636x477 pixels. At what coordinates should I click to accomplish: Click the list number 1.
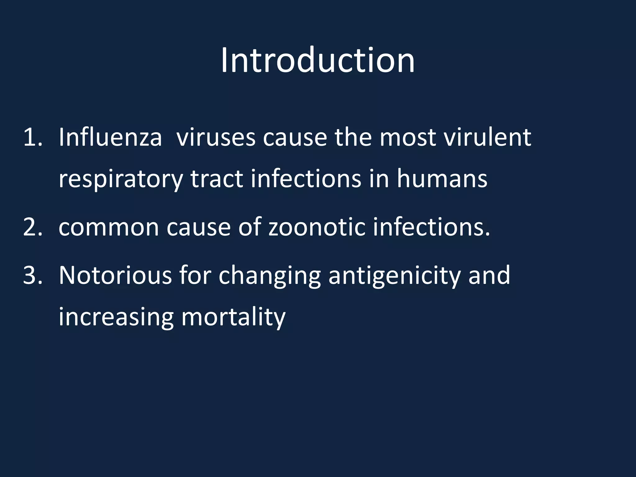(32, 137)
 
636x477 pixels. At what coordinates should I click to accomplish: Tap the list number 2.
(32, 227)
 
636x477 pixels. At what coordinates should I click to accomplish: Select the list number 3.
(32, 275)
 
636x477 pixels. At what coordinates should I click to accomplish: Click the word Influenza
(110, 137)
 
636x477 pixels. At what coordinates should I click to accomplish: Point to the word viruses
(216, 137)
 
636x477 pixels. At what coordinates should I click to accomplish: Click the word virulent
(487, 137)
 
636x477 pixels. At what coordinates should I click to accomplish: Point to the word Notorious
(115, 275)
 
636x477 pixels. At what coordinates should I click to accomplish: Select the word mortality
(233, 317)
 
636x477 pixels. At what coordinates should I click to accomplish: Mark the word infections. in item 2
(431, 227)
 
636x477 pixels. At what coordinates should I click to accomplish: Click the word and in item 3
(489, 275)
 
